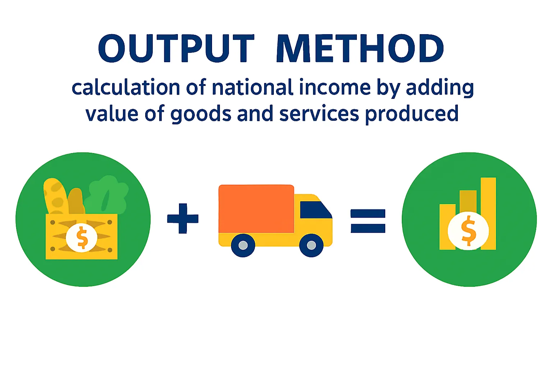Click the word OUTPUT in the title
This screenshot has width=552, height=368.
click(176, 49)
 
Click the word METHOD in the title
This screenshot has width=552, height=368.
click(360, 49)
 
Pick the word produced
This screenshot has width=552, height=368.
click(412, 114)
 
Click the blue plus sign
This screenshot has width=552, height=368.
click(183, 218)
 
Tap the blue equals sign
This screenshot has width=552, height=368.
click(368, 221)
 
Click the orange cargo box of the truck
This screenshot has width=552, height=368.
click(256, 209)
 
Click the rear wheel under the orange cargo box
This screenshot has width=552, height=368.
click(243, 245)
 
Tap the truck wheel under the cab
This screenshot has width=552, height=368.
click(311, 245)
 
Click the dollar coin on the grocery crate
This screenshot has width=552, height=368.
click(82, 238)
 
